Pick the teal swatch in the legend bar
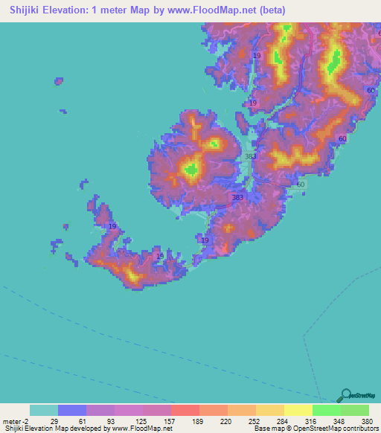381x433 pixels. [44, 411]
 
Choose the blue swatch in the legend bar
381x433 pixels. [72, 411]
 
